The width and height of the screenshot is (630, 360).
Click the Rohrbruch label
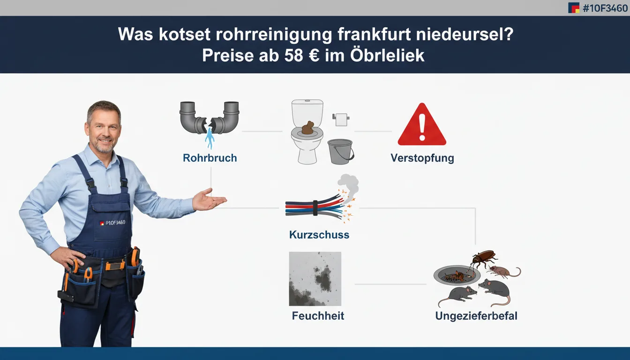click(210, 158)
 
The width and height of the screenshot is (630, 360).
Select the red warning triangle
click(422, 124)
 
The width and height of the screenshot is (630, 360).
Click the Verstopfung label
click(422, 158)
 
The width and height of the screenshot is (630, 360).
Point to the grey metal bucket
click(341, 151)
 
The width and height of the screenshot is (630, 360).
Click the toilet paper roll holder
click(341, 120)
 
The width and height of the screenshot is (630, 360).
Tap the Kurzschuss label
click(319, 235)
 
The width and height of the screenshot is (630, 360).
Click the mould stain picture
click(315, 279)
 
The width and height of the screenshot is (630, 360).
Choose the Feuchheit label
click(318, 316)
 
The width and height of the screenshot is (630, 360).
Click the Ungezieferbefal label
click(476, 316)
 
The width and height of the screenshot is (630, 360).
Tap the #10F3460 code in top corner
click(605, 8)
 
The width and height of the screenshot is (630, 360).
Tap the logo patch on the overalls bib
click(112, 223)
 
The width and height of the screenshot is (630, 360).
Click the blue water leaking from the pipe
click(210, 138)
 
